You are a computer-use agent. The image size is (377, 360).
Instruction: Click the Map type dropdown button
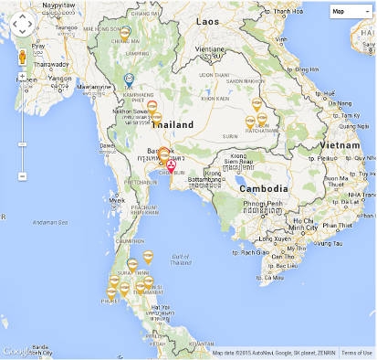(350, 11)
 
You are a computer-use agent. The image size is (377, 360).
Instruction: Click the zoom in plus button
(22, 75)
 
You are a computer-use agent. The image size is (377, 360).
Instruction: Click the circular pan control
(22, 25)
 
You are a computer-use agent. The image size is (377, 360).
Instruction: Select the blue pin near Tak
(129, 79)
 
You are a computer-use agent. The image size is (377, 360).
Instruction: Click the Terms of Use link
(356, 353)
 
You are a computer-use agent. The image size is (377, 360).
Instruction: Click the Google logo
(16, 351)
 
